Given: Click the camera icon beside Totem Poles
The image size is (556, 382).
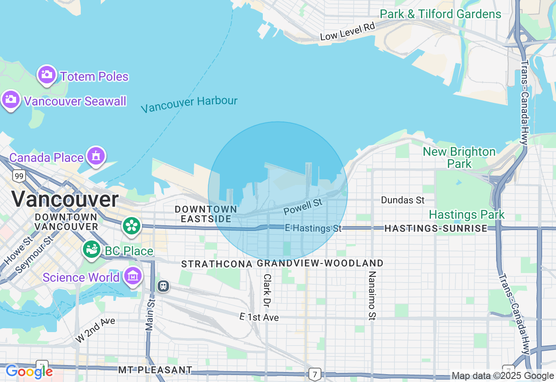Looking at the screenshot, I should click(x=47, y=75).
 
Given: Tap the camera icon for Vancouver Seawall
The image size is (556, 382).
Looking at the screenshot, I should click(x=11, y=100).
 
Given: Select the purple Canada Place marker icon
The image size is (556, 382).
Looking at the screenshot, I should click(x=96, y=155).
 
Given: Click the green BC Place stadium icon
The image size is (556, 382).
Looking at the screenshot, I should click(x=92, y=249).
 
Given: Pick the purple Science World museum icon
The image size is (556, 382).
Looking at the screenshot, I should click(x=133, y=276).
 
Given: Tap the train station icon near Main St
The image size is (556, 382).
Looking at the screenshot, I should click(x=163, y=286).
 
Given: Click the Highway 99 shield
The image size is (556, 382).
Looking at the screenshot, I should click(x=19, y=176).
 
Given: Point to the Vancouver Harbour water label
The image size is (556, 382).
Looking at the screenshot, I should click(x=189, y=104).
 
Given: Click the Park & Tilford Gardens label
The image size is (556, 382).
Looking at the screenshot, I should click(x=440, y=14).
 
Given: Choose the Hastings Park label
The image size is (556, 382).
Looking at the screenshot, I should click(x=467, y=214).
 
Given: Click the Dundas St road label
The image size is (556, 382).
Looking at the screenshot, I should click(x=403, y=200).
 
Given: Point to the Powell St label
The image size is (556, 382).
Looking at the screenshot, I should click(x=303, y=207).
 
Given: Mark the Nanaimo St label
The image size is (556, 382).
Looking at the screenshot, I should click(x=372, y=296).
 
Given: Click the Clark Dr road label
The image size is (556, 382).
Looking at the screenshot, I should click(x=267, y=289).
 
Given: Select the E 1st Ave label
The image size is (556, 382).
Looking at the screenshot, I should click(x=259, y=317).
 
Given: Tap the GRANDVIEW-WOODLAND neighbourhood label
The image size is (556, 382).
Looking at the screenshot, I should click(x=320, y=263).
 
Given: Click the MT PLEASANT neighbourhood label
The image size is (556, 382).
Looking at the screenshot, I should click(x=155, y=370).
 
